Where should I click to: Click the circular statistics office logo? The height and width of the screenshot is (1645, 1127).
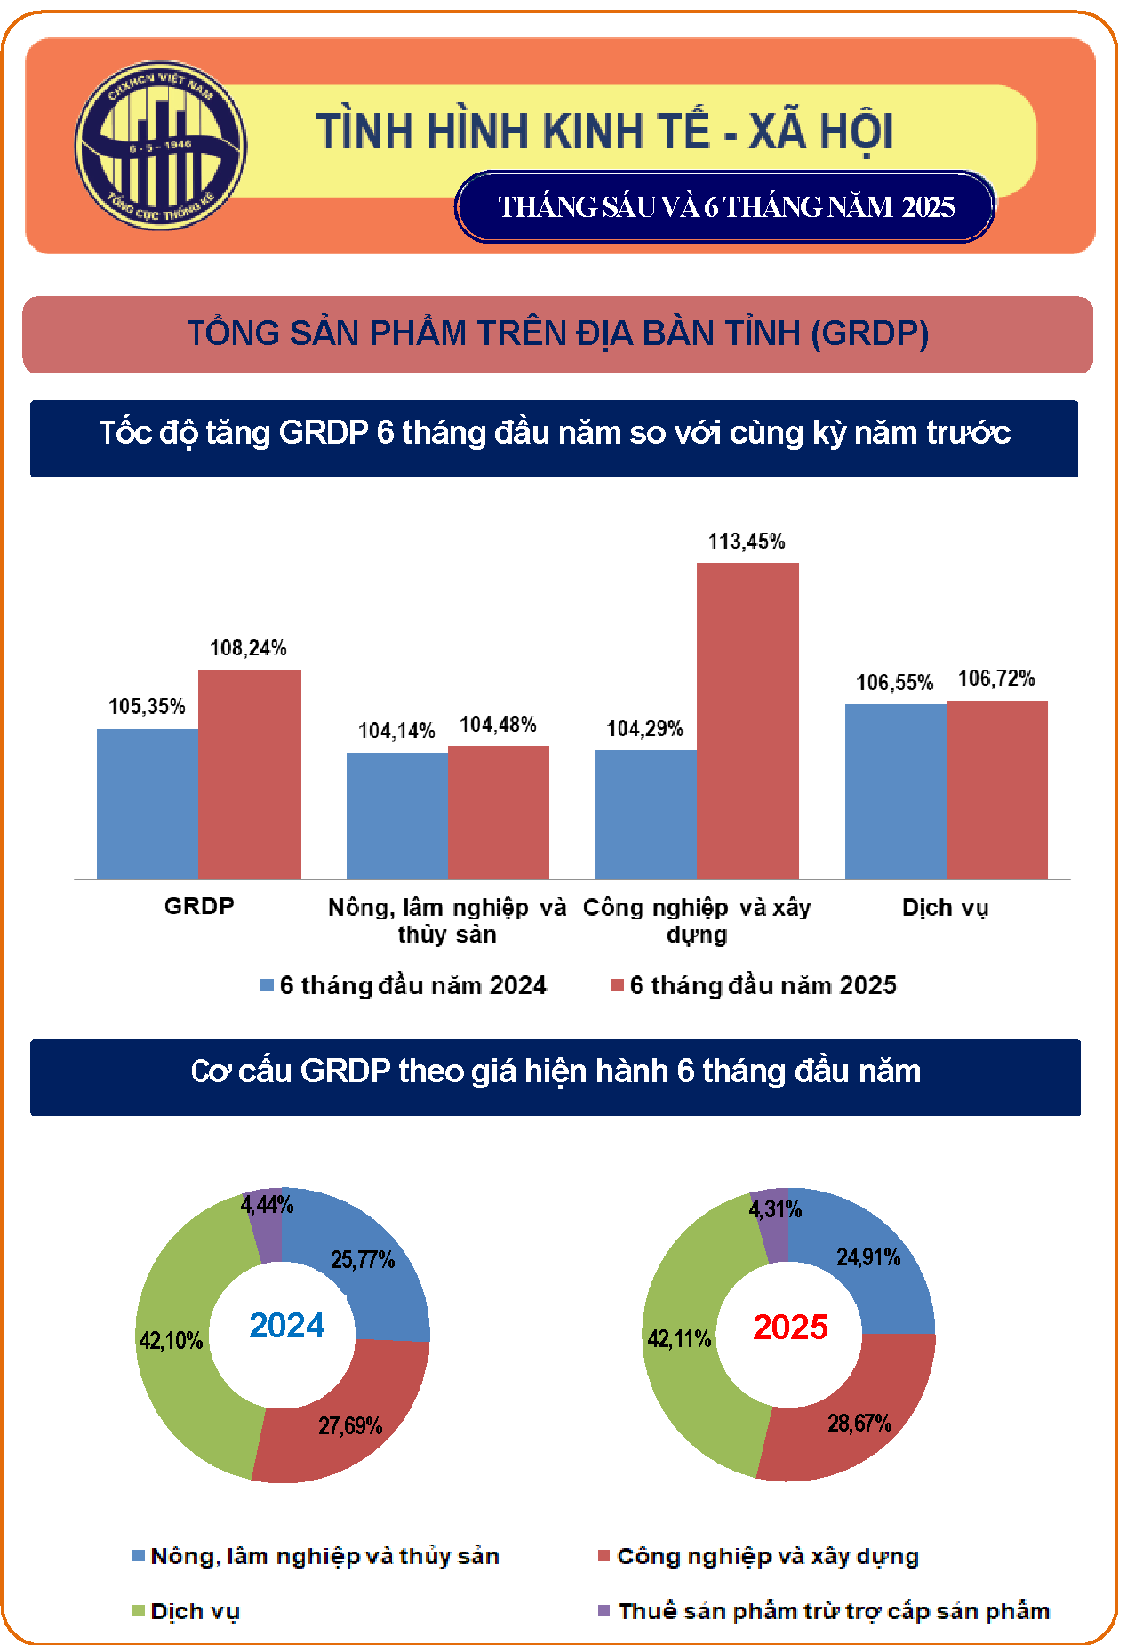161,145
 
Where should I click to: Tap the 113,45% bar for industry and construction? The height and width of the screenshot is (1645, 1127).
747,720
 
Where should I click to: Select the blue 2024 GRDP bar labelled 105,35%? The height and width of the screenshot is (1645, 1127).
148,804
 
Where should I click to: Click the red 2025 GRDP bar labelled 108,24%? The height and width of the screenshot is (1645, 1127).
250,774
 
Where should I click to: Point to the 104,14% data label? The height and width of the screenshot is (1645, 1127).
396,731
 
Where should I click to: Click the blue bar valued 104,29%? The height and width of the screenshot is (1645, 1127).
646,814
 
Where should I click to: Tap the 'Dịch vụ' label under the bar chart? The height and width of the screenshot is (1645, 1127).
945,908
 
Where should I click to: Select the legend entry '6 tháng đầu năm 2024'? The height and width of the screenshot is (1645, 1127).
404,985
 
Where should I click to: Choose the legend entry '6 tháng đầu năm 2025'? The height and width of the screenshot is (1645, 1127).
754,985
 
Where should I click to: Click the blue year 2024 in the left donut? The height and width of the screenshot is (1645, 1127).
287,1326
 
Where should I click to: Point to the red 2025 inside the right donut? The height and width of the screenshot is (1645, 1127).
790,1327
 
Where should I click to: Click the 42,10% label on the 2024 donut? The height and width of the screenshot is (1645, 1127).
171,1341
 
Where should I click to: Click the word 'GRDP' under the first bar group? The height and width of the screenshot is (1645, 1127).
199,906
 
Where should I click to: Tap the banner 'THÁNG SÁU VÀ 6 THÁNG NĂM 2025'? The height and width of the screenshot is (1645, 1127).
725,207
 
